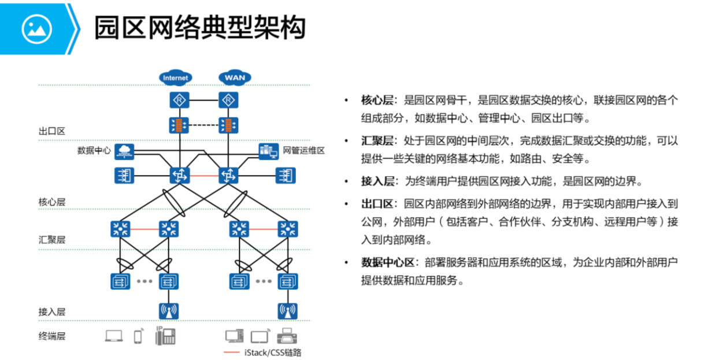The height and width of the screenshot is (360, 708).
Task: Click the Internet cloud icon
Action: (176, 77)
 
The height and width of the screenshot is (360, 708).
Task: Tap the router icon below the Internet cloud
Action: (180, 101)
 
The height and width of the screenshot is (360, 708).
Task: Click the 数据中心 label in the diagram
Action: (94, 150)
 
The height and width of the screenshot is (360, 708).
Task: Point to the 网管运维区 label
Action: (304, 151)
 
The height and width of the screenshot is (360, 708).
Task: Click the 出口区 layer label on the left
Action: (52, 131)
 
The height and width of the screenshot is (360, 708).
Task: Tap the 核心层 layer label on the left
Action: (52, 202)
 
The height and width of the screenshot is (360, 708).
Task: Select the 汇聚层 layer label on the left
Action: (52, 240)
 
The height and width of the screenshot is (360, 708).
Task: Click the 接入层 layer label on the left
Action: (52, 312)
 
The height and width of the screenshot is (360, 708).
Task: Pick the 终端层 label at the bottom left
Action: (52, 336)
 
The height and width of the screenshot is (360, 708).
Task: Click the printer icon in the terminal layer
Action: (287, 336)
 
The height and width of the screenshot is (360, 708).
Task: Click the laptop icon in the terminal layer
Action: (114, 336)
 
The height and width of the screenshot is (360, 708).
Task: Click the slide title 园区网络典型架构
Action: (200, 27)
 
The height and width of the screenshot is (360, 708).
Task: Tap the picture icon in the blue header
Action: (36, 28)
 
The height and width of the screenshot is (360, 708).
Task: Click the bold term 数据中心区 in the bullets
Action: (388, 262)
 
